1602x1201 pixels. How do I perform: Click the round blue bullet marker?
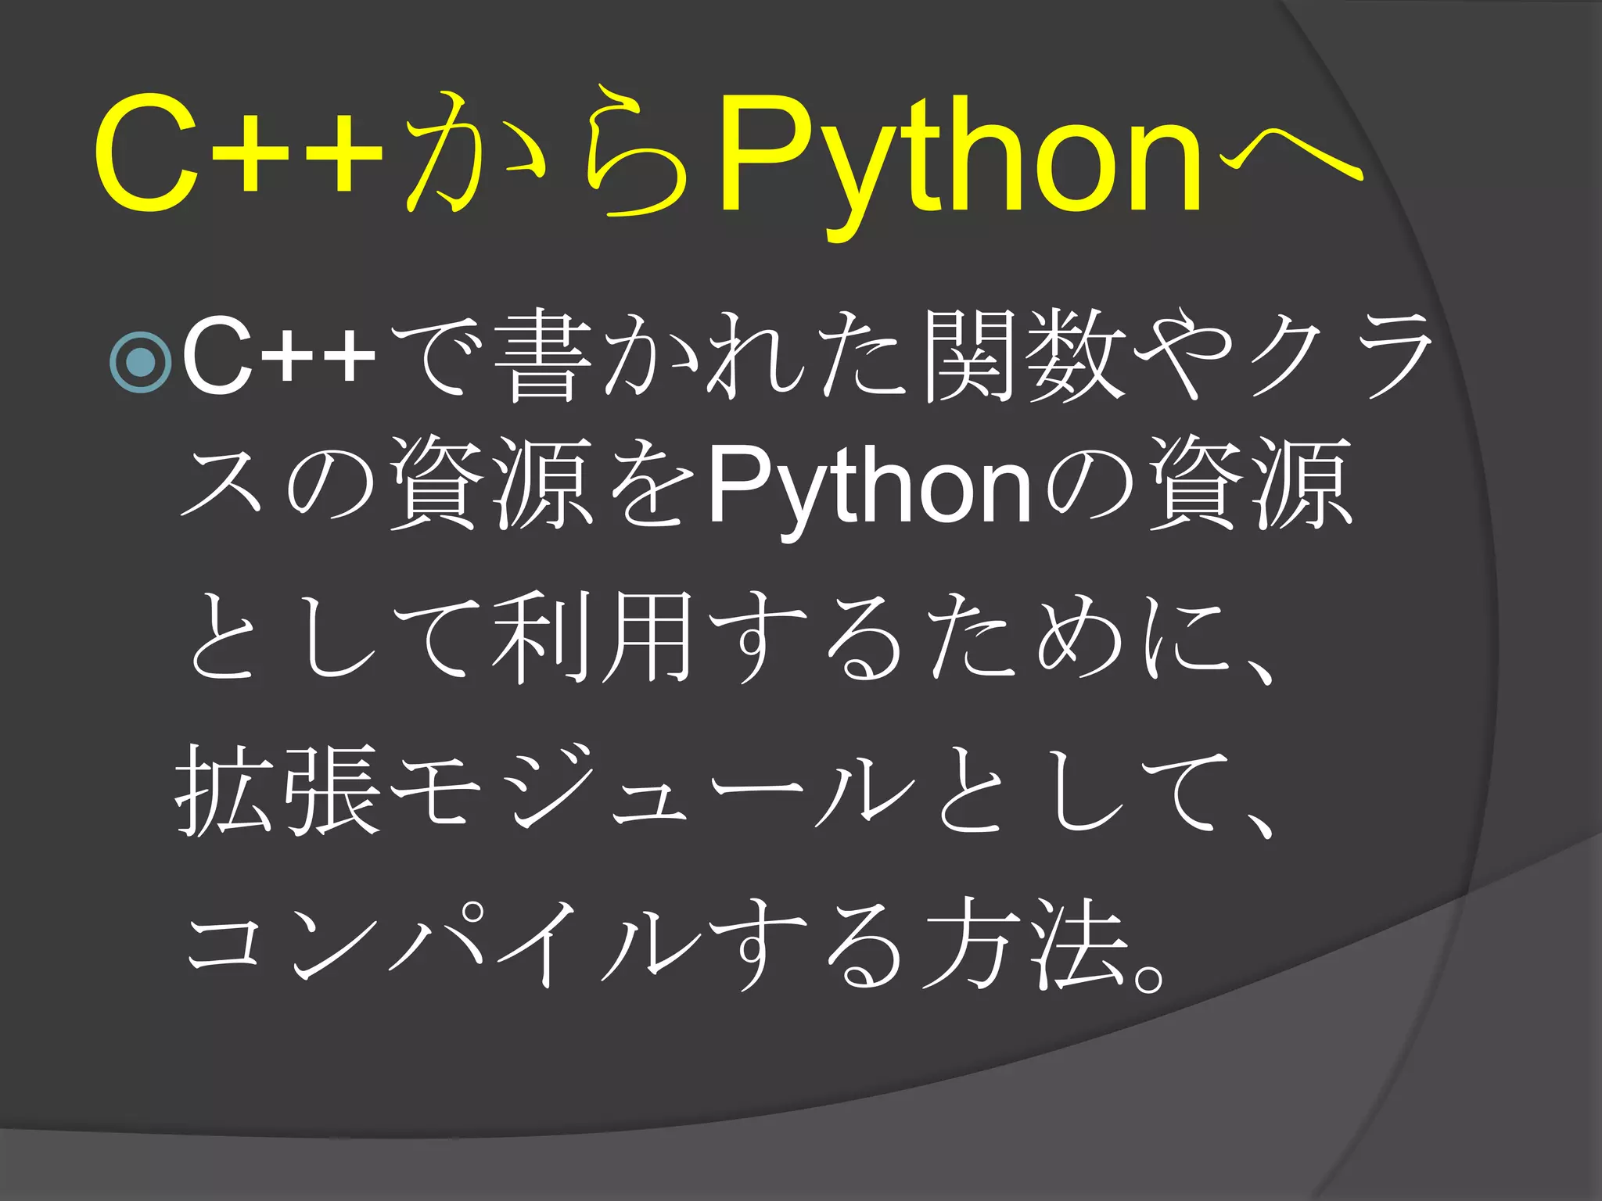(x=141, y=361)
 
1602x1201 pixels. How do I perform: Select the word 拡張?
(x=278, y=790)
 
